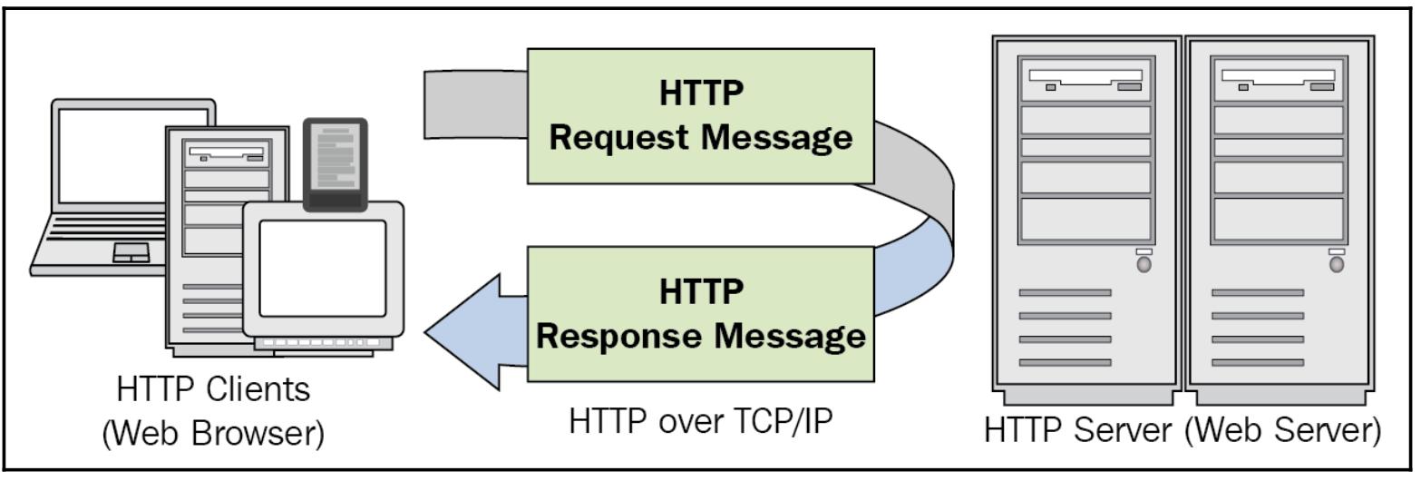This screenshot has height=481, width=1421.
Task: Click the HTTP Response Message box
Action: pos(701,314)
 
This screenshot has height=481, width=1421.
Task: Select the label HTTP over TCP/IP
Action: pos(701,421)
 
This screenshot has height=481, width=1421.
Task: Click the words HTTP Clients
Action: pos(213,390)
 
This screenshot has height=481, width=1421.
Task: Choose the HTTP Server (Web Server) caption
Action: pos(1183,429)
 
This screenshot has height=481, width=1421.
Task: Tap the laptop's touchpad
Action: pos(131,253)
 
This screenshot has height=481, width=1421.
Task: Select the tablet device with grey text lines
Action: pos(335,163)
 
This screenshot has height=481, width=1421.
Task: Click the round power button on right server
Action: pos(1336,264)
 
